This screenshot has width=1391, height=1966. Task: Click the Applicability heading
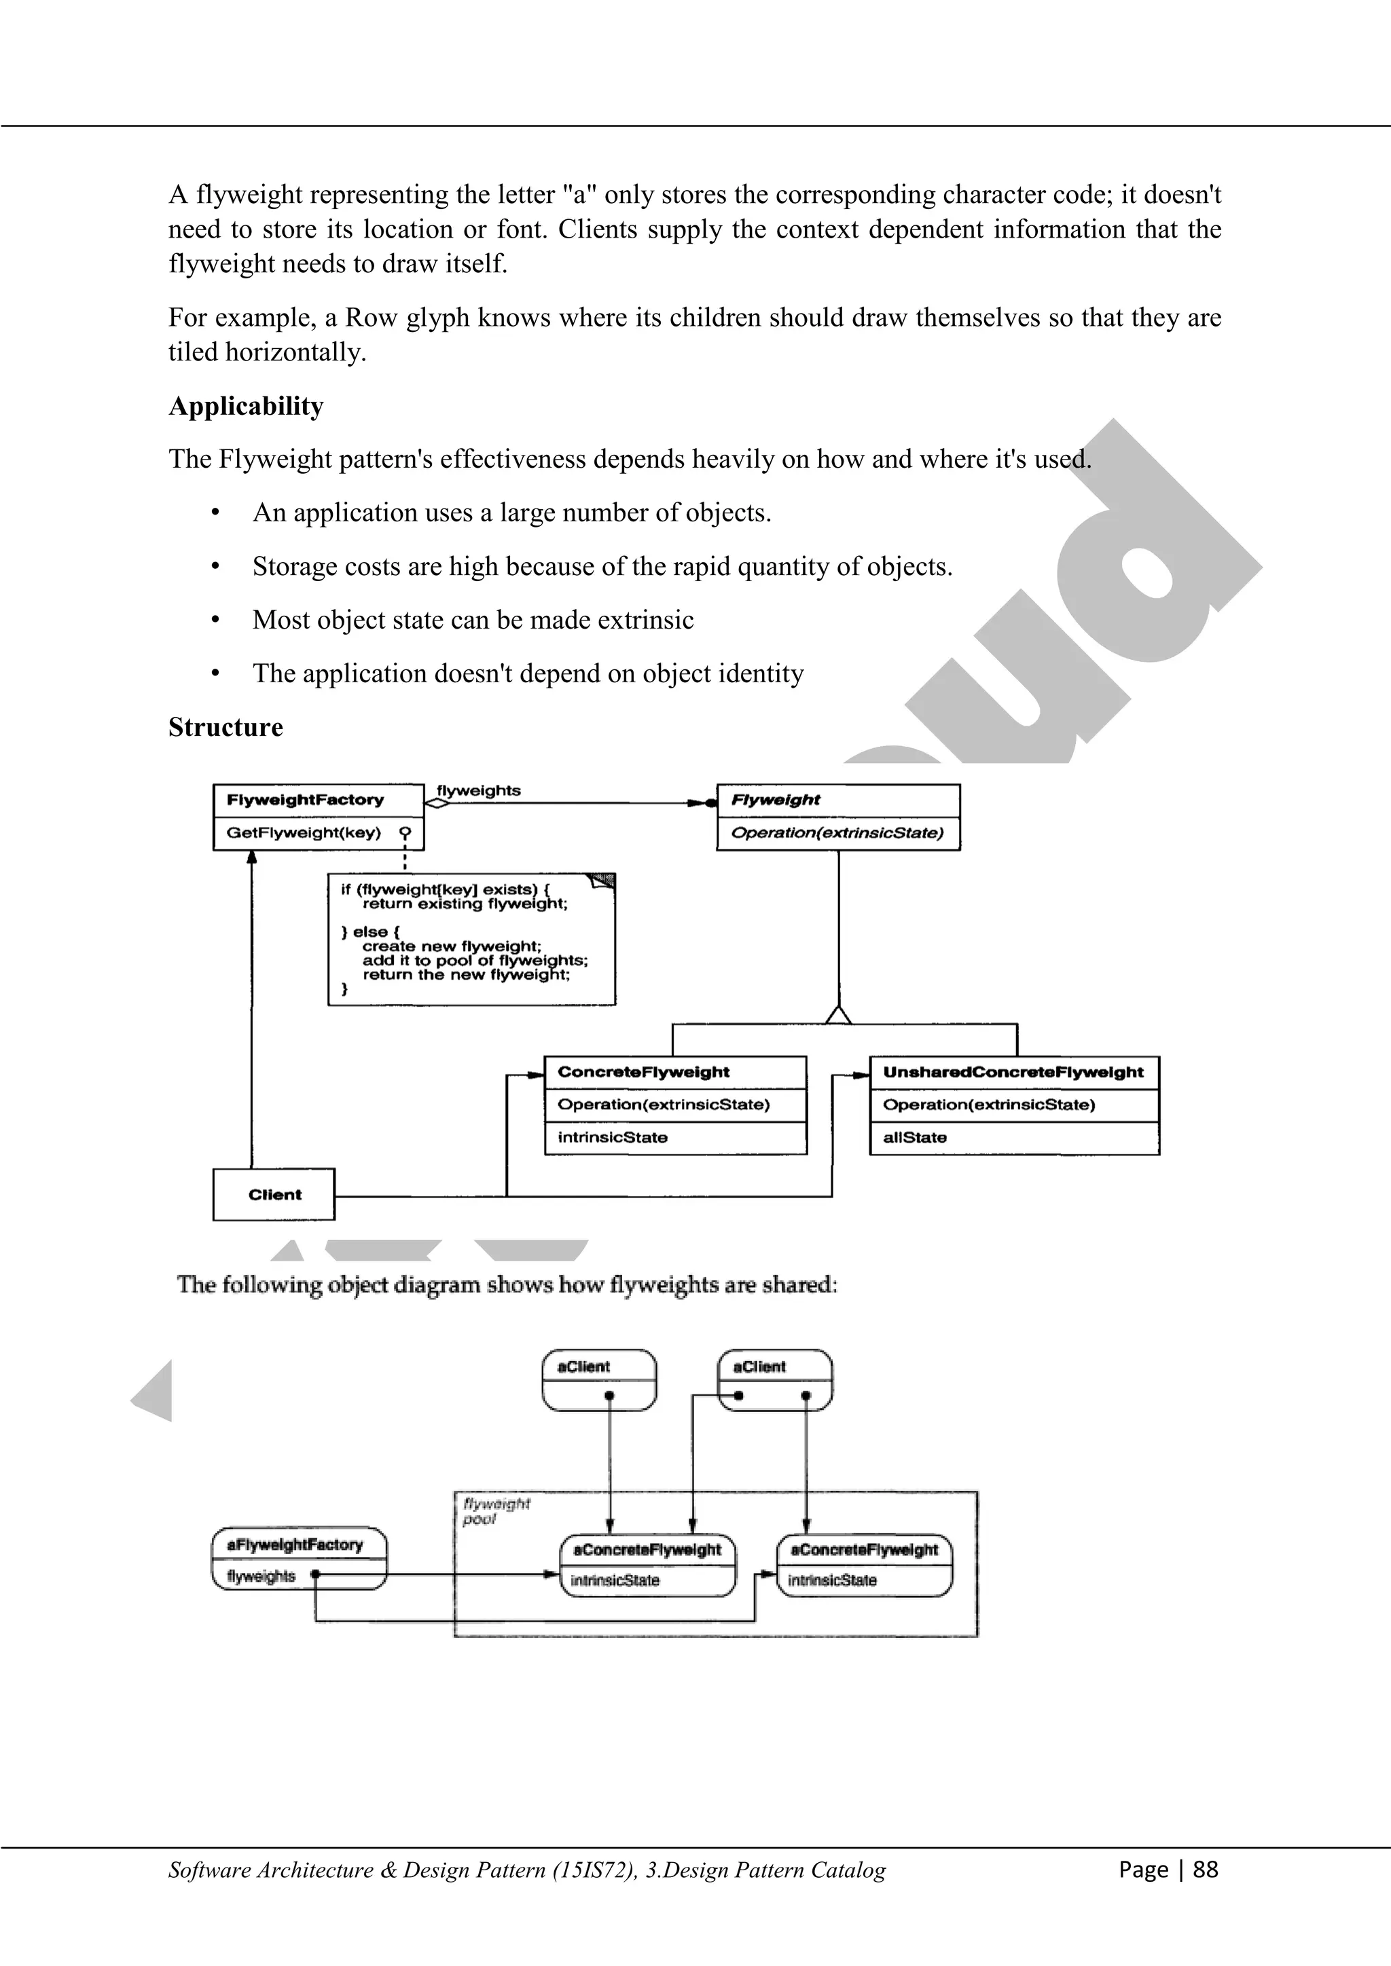(x=246, y=406)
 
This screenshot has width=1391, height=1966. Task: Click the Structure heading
(x=225, y=727)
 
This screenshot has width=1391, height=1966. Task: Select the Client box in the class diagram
(x=274, y=1195)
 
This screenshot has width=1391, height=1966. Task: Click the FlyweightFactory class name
(x=305, y=800)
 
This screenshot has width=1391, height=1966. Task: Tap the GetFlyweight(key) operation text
(x=303, y=832)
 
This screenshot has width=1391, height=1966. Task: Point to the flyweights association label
(x=478, y=790)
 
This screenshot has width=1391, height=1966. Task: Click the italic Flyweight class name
(x=775, y=800)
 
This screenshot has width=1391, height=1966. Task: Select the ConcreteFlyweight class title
(x=643, y=1072)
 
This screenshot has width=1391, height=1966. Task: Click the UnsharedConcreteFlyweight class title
(x=1013, y=1072)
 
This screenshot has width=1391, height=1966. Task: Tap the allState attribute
(x=914, y=1137)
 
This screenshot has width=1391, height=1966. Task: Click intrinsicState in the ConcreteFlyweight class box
(x=613, y=1137)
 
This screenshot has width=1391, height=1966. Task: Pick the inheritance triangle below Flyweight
(x=839, y=1015)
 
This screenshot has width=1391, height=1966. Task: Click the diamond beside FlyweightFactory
(x=437, y=803)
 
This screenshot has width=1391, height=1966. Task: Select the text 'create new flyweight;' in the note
(x=452, y=946)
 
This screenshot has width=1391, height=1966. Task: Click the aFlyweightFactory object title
(x=295, y=1544)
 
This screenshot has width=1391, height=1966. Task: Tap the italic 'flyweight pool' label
(x=495, y=1511)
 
